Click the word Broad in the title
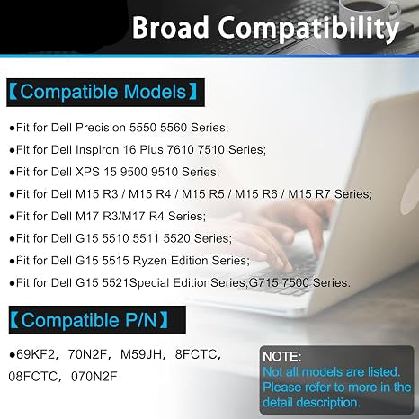(x=170, y=27)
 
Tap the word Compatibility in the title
(x=308, y=29)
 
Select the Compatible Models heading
(x=103, y=92)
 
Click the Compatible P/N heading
(x=89, y=320)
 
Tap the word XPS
(x=87, y=172)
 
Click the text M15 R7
(x=309, y=194)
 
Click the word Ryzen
(x=150, y=261)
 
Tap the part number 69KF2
(x=36, y=354)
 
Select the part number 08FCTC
(x=32, y=377)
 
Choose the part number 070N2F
(x=94, y=377)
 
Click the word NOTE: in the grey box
(x=281, y=357)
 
